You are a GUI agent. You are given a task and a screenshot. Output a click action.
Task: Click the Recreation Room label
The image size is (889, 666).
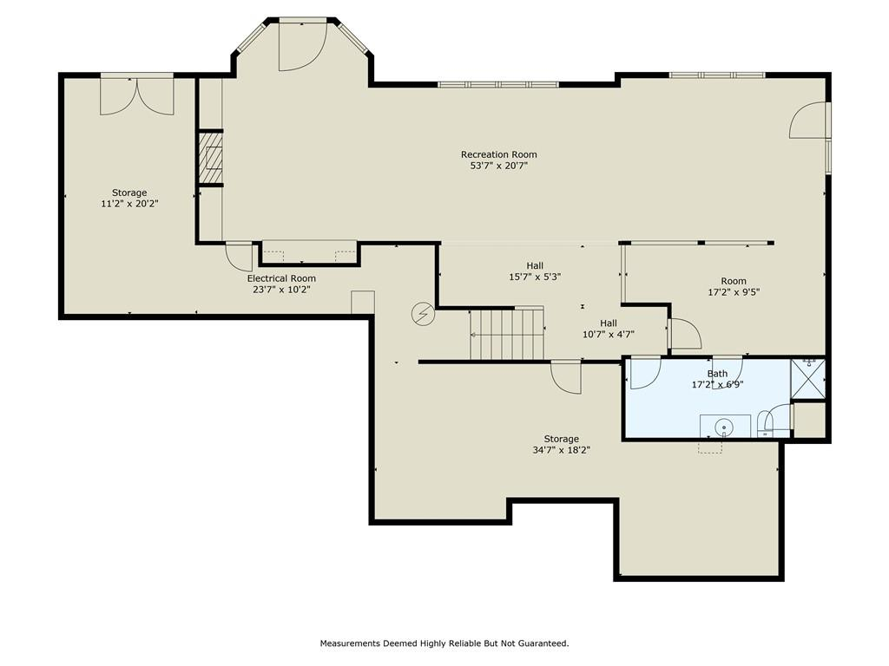point(498,154)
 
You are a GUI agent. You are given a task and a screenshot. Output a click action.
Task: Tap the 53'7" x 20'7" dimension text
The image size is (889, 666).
point(498,166)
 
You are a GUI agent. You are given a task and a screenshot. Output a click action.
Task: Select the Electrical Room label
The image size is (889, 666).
point(281,278)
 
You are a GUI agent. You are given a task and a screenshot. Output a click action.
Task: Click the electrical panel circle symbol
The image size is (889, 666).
point(423,314)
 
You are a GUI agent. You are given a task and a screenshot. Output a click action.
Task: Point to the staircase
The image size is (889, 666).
point(507,334)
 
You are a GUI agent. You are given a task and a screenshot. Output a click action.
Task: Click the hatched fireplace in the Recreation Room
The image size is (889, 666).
point(210,158)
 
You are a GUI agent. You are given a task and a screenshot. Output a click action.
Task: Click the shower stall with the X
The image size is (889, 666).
point(808,379)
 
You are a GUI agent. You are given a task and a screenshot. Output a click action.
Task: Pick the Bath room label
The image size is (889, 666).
point(717,373)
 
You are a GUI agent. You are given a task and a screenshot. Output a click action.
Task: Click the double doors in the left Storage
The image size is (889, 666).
point(136,95)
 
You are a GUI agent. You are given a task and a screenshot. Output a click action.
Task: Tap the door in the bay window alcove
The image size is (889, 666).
point(303,45)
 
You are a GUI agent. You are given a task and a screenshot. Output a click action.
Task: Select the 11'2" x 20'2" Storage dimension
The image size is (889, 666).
point(129,204)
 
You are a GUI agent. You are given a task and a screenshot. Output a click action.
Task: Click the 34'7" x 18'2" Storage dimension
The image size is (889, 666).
point(562,450)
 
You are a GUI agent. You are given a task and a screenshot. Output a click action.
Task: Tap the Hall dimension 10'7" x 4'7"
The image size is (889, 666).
point(609,334)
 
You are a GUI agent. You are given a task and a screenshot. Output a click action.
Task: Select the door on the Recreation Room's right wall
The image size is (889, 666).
point(809,120)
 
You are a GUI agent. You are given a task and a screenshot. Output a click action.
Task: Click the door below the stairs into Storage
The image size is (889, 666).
point(566,376)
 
